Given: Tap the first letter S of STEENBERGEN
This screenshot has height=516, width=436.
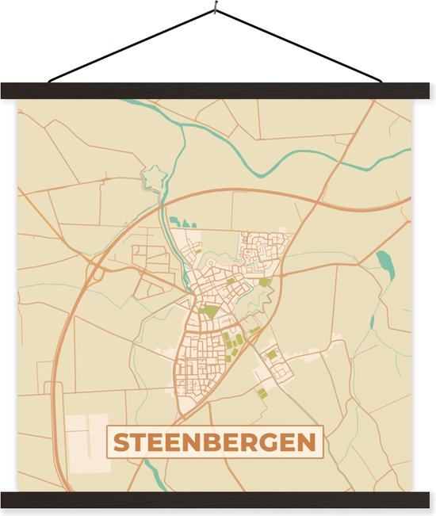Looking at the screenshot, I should point(120,443).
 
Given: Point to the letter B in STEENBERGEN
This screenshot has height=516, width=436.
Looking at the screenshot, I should point(216,443).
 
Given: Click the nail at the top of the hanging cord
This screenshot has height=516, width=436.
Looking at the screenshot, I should point(215,10).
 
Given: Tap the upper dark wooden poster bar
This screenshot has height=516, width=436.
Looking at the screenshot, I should point(218,90).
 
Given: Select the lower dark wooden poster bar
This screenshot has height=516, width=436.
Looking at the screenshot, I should point(218,499).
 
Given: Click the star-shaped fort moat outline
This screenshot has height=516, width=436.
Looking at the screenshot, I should point(152,178).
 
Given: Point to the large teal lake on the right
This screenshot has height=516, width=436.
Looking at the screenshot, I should point(385,263).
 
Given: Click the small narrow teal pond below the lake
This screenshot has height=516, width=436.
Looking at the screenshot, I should point(372,322).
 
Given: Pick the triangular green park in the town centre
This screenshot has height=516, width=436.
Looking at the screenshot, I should point(209,312).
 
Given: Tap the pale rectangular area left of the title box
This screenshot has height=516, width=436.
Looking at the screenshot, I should point(87,440).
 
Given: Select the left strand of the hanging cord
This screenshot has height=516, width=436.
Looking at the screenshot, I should point(131,45).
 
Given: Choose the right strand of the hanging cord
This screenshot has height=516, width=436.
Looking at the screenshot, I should point(298,45).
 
